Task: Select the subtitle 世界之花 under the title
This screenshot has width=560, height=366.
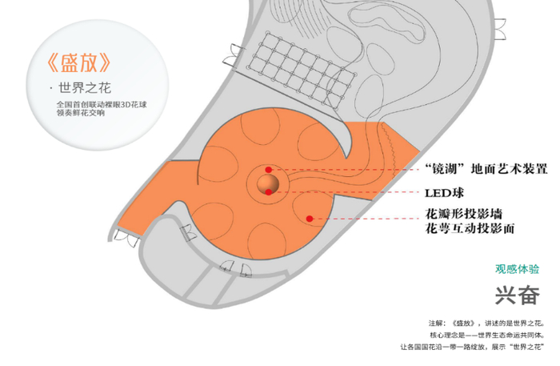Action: (84, 88)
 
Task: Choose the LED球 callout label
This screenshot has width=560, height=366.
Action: (443, 193)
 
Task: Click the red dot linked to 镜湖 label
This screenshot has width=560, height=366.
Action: (269, 170)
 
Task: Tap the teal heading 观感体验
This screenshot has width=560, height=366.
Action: (517, 269)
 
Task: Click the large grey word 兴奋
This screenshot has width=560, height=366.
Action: (516, 296)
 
